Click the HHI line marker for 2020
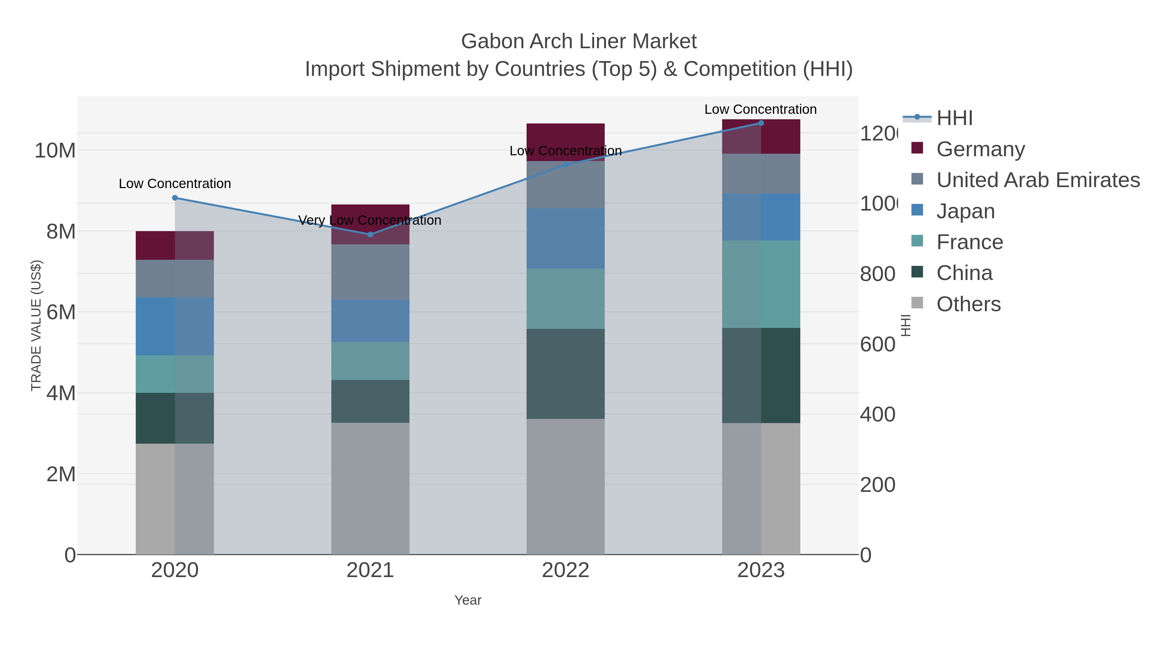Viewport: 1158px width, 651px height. pyautogui.click(x=175, y=198)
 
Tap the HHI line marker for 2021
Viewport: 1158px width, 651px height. pyautogui.click(x=371, y=235)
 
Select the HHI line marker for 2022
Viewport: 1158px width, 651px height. pyautogui.click(x=565, y=165)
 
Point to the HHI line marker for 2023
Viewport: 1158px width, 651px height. pyautogui.click(x=761, y=123)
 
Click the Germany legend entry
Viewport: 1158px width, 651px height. pyautogui.click(x=980, y=149)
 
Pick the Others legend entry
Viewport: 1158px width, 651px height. pyautogui.click(x=968, y=304)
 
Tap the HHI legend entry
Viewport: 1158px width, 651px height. pyautogui.click(x=954, y=118)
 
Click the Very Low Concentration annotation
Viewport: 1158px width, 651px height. pyautogui.click(x=370, y=220)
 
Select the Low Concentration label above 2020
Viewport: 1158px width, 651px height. pyautogui.click(x=175, y=184)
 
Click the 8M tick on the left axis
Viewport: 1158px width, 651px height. pyautogui.click(x=61, y=232)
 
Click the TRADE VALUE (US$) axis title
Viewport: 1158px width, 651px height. pyautogui.click(x=36, y=325)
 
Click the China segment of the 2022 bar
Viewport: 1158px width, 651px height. pyautogui.click(x=565, y=374)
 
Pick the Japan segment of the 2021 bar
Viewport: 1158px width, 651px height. pyautogui.click(x=371, y=321)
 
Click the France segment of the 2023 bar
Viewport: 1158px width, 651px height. pyautogui.click(x=761, y=284)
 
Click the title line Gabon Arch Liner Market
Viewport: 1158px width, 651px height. pyautogui.click(x=579, y=41)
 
